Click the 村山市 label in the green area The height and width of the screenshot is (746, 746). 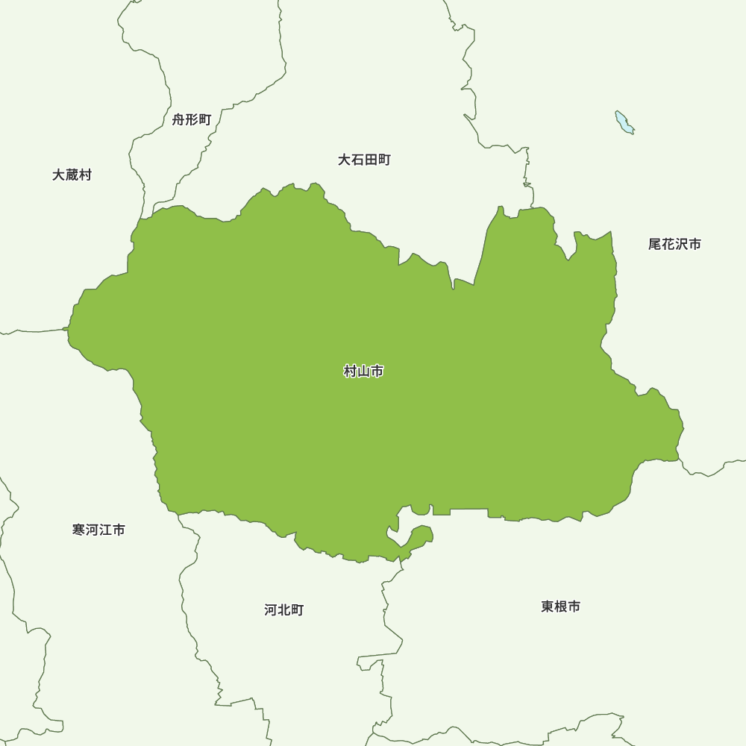[363, 372]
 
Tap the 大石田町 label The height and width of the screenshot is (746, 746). [364, 160]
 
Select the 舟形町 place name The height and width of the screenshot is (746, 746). [192, 119]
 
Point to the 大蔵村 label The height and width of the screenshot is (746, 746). [72, 175]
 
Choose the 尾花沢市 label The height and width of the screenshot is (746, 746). [674, 244]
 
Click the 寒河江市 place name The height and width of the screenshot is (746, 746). [98, 530]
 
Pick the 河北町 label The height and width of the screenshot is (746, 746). [284, 610]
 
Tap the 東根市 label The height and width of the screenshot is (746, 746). [561, 606]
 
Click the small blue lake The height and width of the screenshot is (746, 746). [624, 123]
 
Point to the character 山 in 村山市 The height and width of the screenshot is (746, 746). [363, 372]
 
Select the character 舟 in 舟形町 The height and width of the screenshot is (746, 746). [178, 119]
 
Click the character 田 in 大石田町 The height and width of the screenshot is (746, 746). [371, 160]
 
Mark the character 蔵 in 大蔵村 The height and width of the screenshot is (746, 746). [72, 175]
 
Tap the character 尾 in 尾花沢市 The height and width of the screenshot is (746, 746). [655, 244]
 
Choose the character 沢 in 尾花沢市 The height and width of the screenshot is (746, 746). [681, 244]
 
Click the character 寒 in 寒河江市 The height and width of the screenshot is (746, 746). [79, 530]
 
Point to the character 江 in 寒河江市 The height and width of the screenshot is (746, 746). [105, 530]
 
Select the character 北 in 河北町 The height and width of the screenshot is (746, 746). [284, 610]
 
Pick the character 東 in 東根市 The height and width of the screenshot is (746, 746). [548, 606]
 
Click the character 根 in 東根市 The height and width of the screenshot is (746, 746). [561, 606]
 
